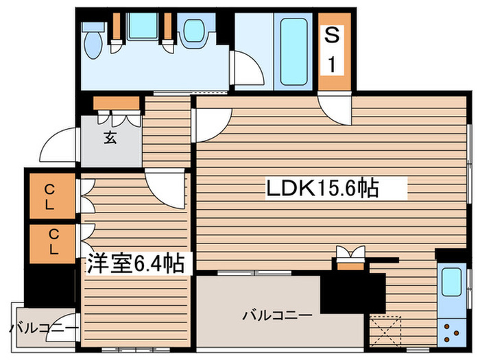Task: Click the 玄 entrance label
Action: click(x=110, y=137)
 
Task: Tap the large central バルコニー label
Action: click(x=269, y=316)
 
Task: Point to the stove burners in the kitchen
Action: click(x=452, y=332)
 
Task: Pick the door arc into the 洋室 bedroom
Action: click(x=165, y=185)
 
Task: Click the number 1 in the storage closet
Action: click(x=332, y=66)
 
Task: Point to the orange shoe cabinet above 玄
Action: click(x=117, y=103)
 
